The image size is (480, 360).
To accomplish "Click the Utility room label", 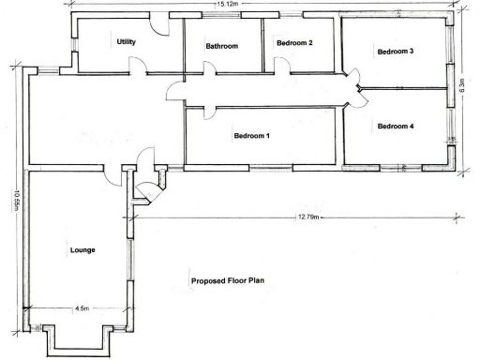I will pyautogui.click(x=127, y=42).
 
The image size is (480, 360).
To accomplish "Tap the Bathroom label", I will pyautogui.click(x=222, y=46).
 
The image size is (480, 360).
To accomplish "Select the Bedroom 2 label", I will pyautogui.click(x=293, y=43).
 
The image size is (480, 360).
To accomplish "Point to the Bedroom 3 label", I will pyautogui.click(x=396, y=52).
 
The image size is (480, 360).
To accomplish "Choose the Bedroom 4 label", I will pyautogui.click(x=396, y=126).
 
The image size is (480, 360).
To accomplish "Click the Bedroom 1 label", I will pyautogui.click(x=252, y=137).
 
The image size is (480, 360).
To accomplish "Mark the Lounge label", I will pyautogui.click(x=83, y=250).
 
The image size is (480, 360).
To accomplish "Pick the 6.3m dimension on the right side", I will pyautogui.click(x=460, y=87).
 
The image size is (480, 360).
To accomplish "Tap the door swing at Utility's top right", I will pyautogui.click(x=161, y=25).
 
